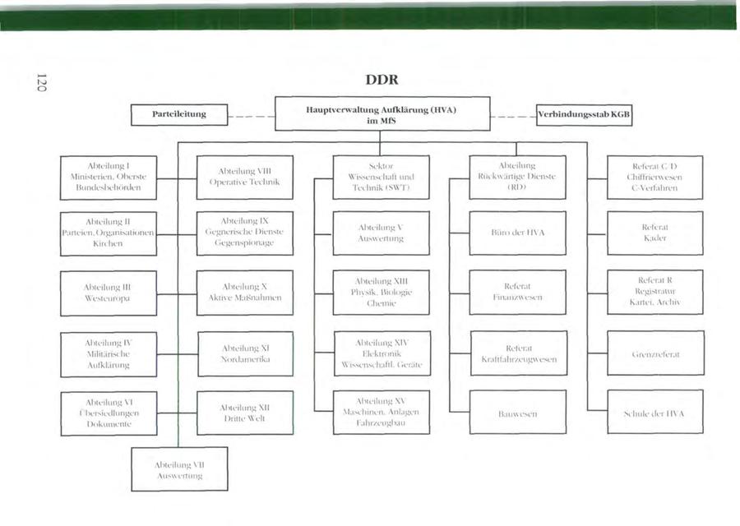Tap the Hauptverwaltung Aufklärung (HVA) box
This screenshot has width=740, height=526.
[x=382, y=114]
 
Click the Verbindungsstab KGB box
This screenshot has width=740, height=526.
[x=585, y=114]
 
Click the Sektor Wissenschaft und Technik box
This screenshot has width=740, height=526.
[x=381, y=177]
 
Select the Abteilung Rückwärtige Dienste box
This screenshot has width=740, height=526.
[x=518, y=177]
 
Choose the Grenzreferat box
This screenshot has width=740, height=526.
[x=654, y=353]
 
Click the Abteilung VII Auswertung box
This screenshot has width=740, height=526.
[x=179, y=469]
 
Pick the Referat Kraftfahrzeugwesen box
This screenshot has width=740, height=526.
[x=518, y=353]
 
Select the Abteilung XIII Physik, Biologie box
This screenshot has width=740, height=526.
[x=381, y=292]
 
